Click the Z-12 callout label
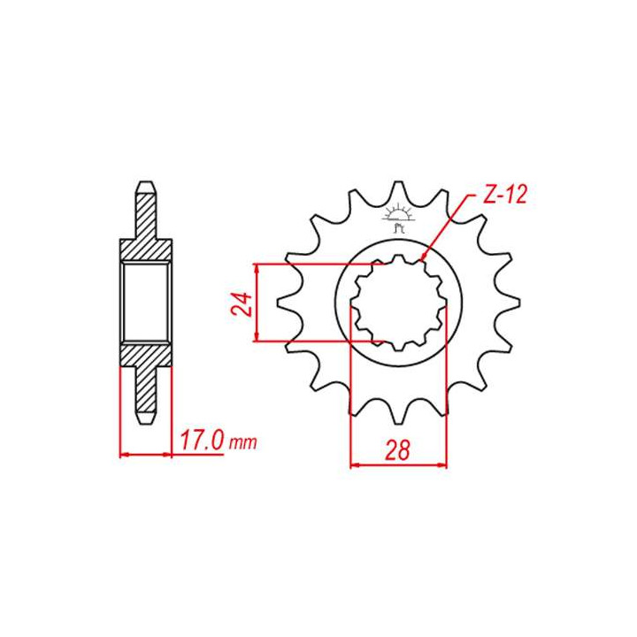505,196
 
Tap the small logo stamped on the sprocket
398,219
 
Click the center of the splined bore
398,302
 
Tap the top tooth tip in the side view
145,187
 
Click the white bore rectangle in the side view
145,302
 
